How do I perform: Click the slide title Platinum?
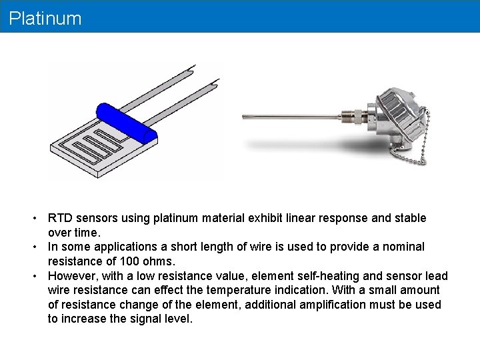45,19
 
